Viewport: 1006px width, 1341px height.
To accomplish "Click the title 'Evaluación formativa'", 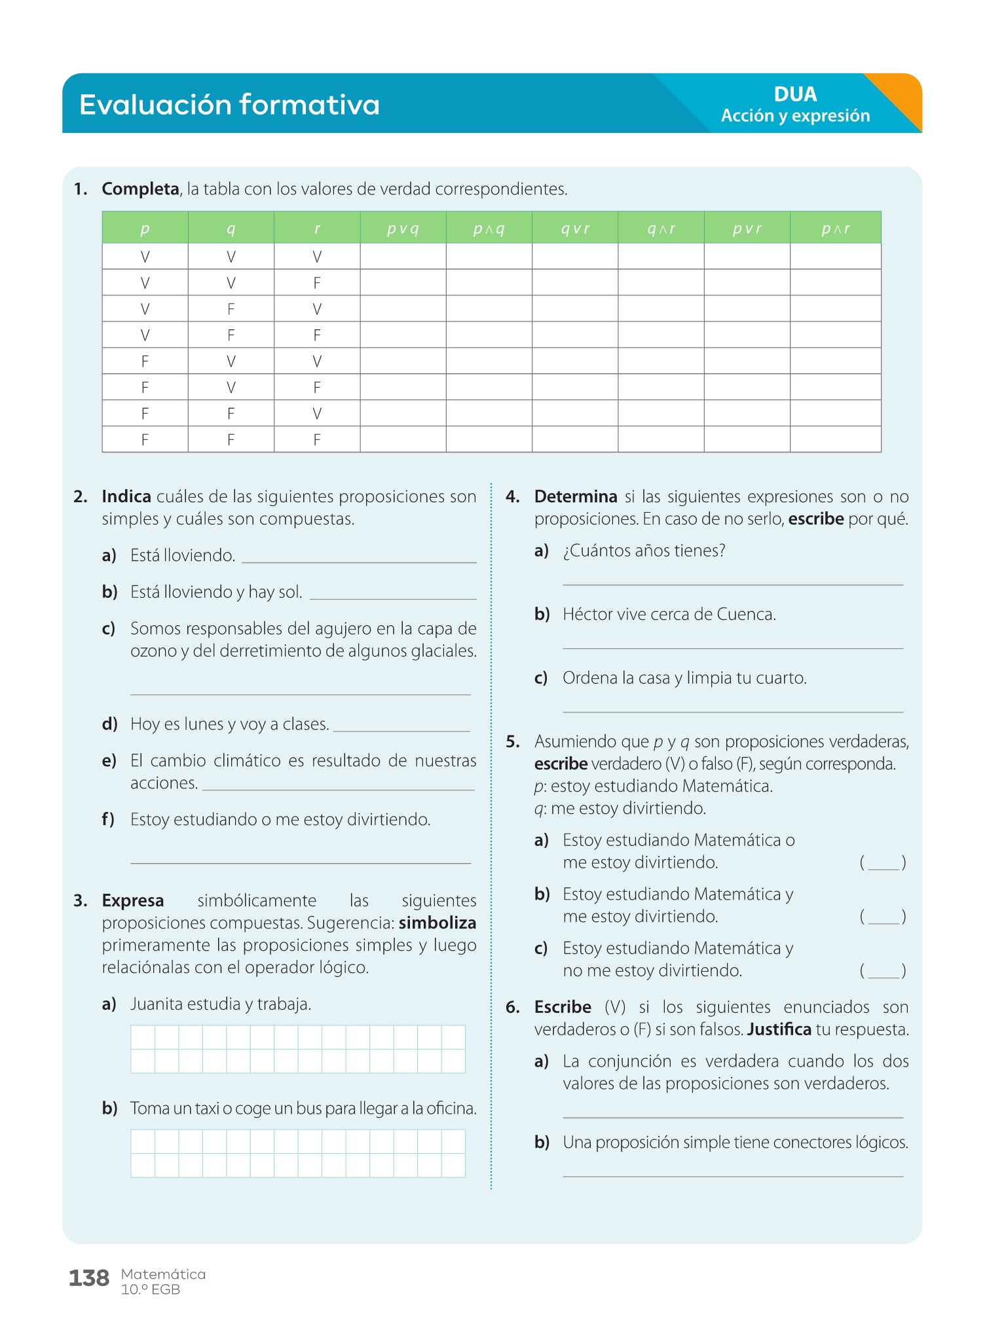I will tap(229, 105).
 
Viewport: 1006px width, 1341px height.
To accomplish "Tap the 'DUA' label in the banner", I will tap(795, 94).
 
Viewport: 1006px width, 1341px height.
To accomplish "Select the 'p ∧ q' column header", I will tap(489, 229).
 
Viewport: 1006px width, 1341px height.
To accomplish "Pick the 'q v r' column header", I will tap(575, 229).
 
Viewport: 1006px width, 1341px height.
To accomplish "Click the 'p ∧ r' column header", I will tap(835, 229).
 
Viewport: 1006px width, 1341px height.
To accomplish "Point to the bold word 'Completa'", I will tap(140, 189).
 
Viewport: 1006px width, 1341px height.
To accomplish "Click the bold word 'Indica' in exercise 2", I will tap(126, 496).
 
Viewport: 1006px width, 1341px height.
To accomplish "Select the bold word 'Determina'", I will tap(576, 496).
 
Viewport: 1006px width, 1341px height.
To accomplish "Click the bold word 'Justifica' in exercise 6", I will tap(779, 1029).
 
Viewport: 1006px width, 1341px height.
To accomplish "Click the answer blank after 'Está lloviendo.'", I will tap(359, 557).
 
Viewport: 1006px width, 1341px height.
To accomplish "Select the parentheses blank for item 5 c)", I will tap(883, 971).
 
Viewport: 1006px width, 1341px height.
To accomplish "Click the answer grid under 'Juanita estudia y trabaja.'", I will tap(298, 1049).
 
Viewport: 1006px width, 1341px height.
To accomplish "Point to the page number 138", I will tap(89, 1278).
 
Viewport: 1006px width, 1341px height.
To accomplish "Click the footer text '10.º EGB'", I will tap(151, 1289).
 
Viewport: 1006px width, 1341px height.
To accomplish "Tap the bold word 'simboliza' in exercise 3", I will tap(438, 923).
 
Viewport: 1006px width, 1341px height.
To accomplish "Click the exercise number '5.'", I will tap(513, 741).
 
